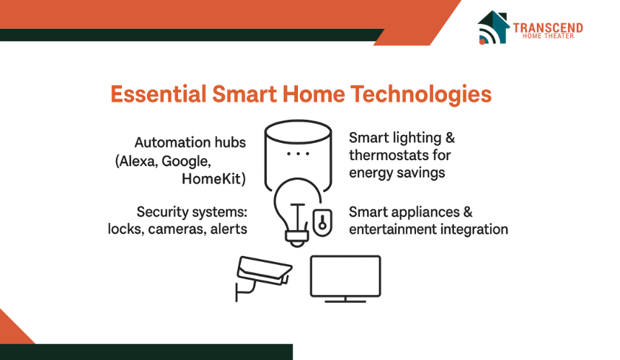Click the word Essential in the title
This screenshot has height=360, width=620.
pyautogui.click(x=158, y=95)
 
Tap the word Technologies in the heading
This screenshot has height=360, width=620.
pyautogui.click(x=421, y=95)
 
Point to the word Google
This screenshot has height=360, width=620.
pyautogui.click(x=186, y=162)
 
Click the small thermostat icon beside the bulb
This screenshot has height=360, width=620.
pyautogui.click(x=322, y=222)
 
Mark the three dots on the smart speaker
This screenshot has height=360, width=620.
pyautogui.click(x=298, y=154)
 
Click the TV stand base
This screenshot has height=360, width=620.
pyautogui.click(x=345, y=301)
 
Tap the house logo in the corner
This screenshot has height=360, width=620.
pyautogui.click(x=493, y=27)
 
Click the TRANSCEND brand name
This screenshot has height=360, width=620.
pyautogui.click(x=548, y=28)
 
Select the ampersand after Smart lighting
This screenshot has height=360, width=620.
pyautogui.click(x=450, y=138)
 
